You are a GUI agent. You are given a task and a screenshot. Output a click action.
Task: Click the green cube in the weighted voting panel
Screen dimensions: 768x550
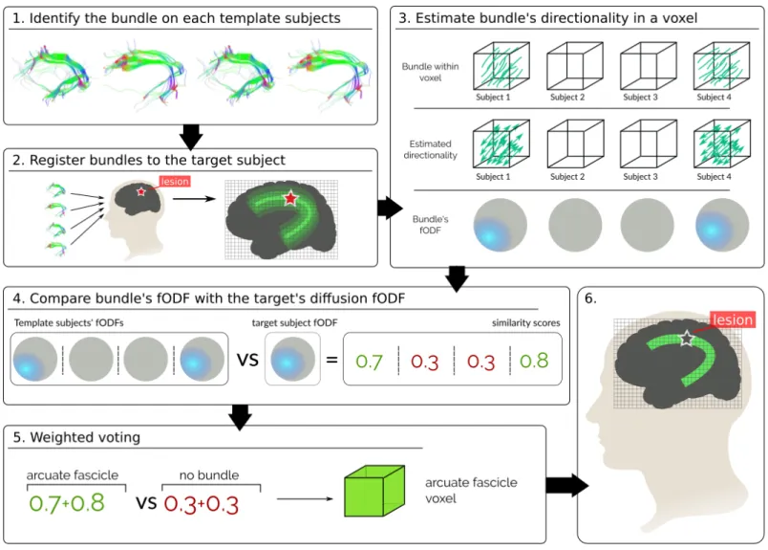click(x=374, y=491)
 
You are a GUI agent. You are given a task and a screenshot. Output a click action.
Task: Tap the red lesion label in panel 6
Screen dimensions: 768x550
click(x=733, y=319)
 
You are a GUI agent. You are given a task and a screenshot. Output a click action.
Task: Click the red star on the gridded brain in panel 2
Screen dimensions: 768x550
click(x=290, y=198)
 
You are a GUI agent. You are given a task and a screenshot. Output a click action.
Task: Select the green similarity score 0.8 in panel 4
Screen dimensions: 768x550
click(x=534, y=361)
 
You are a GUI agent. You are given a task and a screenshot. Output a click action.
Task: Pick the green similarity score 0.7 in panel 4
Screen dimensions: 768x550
click(x=369, y=362)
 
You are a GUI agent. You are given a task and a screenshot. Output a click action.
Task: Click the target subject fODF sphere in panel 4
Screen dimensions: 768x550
click(x=292, y=360)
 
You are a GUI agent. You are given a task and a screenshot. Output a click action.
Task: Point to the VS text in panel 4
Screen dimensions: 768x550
click(x=247, y=360)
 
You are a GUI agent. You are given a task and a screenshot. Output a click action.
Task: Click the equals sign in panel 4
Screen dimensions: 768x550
click(x=332, y=360)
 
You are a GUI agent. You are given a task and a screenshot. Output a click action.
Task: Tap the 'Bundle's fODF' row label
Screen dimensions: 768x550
click(x=430, y=225)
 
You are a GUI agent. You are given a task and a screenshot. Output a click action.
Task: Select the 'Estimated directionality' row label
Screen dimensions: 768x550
click(x=431, y=149)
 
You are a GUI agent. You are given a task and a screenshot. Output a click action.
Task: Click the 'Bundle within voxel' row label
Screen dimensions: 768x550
click(x=431, y=72)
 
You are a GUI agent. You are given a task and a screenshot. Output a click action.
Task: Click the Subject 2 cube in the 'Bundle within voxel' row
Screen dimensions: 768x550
click(x=574, y=66)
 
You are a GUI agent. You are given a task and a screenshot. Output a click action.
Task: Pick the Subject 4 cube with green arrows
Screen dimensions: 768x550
click(x=722, y=144)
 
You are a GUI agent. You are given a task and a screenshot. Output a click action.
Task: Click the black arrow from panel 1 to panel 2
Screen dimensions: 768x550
click(x=191, y=137)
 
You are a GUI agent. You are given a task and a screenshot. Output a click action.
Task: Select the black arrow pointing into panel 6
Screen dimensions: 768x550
click(x=567, y=485)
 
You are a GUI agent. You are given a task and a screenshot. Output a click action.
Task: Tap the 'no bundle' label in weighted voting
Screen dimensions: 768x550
click(x=209, y=475)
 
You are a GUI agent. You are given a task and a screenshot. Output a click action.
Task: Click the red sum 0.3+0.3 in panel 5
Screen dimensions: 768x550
click(x=202, y=504)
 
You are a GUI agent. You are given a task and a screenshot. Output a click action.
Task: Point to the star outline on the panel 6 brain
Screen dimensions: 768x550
click(x=687, y=338)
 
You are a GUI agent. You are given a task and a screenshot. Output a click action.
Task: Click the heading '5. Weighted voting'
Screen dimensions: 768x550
click(x=76, y=437)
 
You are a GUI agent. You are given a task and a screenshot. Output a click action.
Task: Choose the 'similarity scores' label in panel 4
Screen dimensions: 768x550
click(x=526, y=323)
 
